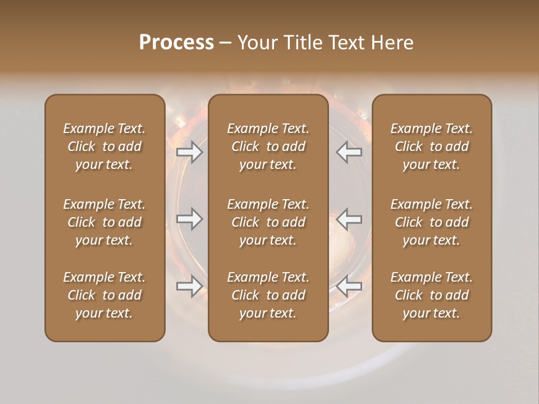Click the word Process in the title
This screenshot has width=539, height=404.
coord(176,43)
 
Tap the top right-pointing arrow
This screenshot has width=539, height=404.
coord(190,152)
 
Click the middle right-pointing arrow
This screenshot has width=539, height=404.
coord(190,219)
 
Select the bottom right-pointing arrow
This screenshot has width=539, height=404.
coord(190,286)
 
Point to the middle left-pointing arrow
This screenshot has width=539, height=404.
coord(349,219)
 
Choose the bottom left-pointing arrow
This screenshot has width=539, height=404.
coord(349,286)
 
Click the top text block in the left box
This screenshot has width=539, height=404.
coord(104,146)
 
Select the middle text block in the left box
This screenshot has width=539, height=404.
coord(104,222)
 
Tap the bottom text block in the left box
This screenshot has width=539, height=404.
coord(104,295)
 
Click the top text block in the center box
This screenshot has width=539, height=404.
coord(268,146)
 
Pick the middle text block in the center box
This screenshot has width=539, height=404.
coord(268,222)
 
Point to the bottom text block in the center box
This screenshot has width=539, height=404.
coord(268,295)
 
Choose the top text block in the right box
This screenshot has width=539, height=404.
coord(431,146)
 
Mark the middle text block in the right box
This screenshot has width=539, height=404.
coord(431,222)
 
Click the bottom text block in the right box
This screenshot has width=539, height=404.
coord(431,295)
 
